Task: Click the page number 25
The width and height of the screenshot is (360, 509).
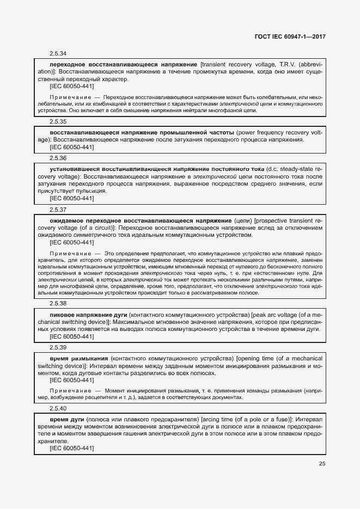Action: tap(322, 464)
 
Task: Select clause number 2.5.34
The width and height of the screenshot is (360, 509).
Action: tap(58, 53)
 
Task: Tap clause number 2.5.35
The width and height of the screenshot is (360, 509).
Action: tap(58, 121)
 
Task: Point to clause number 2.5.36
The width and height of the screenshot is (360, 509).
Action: tap(58, 158)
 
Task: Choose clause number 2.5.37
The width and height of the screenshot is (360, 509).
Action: tap(58, 210)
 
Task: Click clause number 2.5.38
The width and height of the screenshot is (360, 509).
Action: tap(58, 303)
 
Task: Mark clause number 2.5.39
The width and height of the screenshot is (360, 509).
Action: tap(58, 347)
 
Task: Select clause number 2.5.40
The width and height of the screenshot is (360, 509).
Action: tap(58, 408)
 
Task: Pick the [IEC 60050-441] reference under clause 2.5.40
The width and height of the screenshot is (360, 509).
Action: tap(71, 448)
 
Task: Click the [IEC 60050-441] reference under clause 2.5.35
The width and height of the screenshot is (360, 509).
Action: tap(71, 147)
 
